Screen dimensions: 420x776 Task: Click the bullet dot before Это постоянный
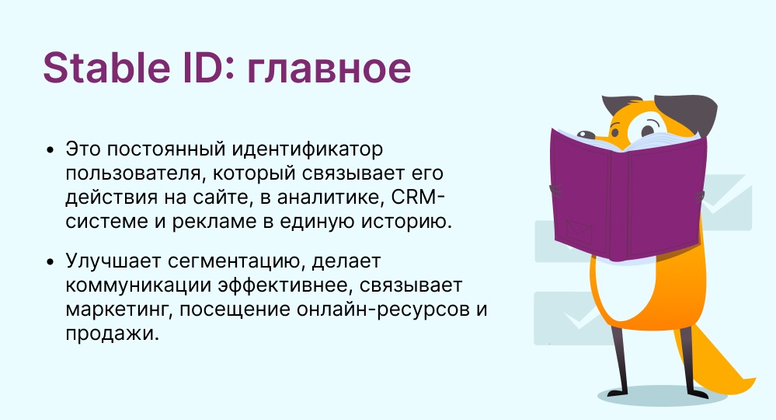pos(51,149)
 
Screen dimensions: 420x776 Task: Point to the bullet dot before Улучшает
pos(51,261)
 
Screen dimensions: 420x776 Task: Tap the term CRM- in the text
pos(426,198)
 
